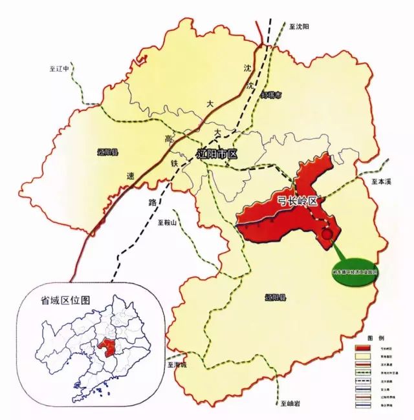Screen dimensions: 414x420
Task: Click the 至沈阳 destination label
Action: (x=300, y=27)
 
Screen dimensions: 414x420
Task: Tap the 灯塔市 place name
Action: (x=270, y=96)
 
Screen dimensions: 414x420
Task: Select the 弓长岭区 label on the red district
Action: (x=295, y=201)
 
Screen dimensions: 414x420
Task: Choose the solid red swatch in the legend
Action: (x=362, y=348)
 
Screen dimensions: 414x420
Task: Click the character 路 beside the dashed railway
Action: (x=153, y=203)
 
